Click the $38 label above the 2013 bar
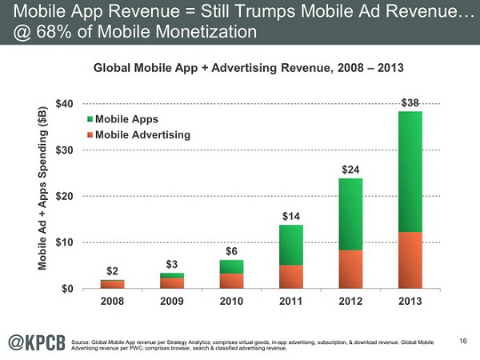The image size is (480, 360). (409, 102)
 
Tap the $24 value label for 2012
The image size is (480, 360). (350, 170)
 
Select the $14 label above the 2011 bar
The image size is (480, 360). (291, 216)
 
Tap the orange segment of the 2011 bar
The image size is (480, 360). (291, 276)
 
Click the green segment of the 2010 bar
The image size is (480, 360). (233, 266)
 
